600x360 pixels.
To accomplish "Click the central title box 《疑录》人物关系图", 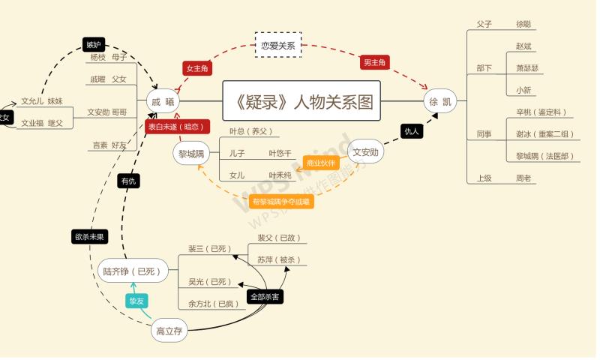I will click(x=301, y=100).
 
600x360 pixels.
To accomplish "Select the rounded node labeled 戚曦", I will click(x=163, y=100).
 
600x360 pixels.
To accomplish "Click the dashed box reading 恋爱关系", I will click(x=277, y=45).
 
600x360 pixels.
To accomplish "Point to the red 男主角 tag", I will click(x=377, y=62).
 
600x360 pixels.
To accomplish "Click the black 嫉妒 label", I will click(x=94, y=44).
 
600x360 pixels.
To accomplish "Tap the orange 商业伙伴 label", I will click(x=322, y=162).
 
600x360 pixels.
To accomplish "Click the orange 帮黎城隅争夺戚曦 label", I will click(x=280, y=201).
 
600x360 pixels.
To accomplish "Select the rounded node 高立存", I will click(x=169, y=331).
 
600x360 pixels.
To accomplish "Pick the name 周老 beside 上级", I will click(x=523, y=178).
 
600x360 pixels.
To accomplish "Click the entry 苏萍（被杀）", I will click(x=278, y=259).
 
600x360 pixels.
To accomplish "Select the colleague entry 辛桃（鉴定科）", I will click(x=541, y=112).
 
